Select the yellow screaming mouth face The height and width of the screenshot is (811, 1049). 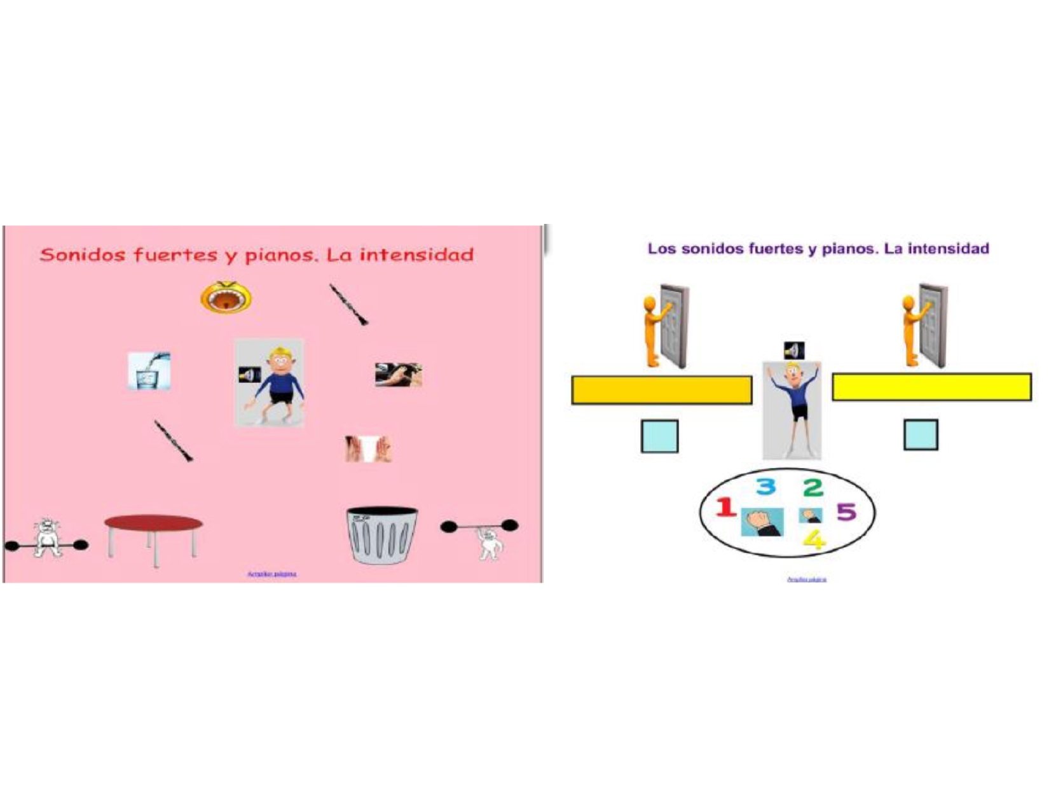tap(226, 297)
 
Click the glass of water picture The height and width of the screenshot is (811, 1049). tap(149, 371)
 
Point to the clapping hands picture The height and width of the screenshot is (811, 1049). tap(368, 448)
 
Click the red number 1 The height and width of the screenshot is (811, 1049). tap(725, 507)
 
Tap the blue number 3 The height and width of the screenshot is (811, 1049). tap(766, 487)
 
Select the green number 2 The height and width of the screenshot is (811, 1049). tap(813, 488)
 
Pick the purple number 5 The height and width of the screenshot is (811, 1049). tap(846, 511)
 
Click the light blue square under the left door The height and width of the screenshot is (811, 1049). tap(659, 436)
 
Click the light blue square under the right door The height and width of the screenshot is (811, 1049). tap(921, 435)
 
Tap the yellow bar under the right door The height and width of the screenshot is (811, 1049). tap(931, 387)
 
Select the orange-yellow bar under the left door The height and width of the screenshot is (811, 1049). tap(661, 390)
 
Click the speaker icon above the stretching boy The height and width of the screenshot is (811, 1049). tap(793, 350)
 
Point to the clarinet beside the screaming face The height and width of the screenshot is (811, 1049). tap(348, 304)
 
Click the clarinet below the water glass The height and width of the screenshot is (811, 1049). tap(173, 440)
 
